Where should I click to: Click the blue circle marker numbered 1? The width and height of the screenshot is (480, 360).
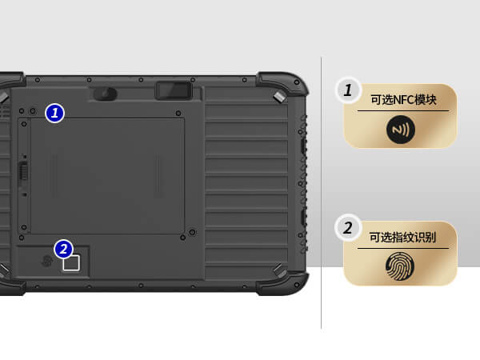pyautogui.click(x=54, y=114)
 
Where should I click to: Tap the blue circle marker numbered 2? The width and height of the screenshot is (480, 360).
pyautogui.click(x=63, y=249)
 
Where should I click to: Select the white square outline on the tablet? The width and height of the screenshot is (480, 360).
pyautogui.click(x=71, y=263)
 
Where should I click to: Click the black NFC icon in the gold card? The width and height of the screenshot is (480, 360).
pyautogui.click(x=401, y=130)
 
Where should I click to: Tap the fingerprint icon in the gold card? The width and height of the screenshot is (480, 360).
pyautogui.click(x=400, y=266)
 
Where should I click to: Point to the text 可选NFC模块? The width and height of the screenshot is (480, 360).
pyautogui.click(x=403, y=100)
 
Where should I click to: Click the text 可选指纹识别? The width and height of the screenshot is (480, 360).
pyautogui.click(x=402, y=238)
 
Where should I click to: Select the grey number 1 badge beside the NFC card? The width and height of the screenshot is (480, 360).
pyautogui.click(x=348, y=90)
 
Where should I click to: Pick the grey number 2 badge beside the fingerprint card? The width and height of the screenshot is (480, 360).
pyautogui.click(x=348, y=228)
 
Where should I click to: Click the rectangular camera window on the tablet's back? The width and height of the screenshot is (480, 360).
pyautogui.click(x=174, y=90)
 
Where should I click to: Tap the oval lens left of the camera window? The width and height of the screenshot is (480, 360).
pyautogui.click(x=105, y=94)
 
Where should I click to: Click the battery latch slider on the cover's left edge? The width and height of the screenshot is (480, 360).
pyautogui.click(x=23, y=171)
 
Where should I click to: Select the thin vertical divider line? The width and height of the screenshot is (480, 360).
pyautogui.click(x=321, y=193)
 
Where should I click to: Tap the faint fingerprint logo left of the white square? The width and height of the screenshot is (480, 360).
pyautogui.click(x=47, y=261)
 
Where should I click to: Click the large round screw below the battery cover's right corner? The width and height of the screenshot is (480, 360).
pyautogui.click(x=192, y=232)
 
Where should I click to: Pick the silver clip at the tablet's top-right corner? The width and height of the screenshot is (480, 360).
pyautogui.click(x=279, y=97)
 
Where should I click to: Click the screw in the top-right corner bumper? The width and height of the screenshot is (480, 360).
pyautogui.click(x=297, y=82)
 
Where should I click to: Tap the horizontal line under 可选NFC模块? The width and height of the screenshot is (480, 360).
pyautogui.click(x=403, y=111)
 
